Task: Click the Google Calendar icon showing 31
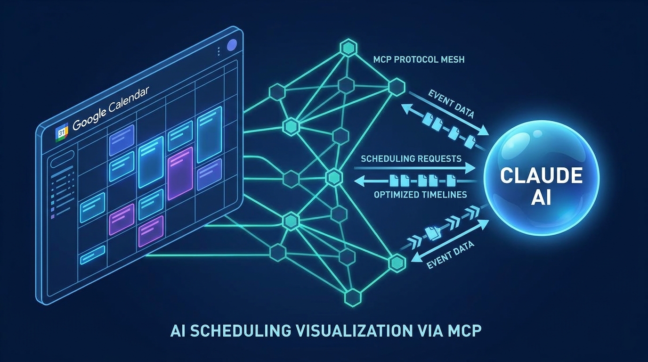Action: click(x=62, y=132)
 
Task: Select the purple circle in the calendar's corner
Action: click(x=232, y=45)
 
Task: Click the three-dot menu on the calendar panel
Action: click(x=219, y=51)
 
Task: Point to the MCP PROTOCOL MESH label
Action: click(x=419, y=60)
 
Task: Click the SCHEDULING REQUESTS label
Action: click(x=411, y=159)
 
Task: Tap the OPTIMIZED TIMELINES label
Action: click(x=421, y=195)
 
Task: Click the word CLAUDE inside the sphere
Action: click(x=541, y=175)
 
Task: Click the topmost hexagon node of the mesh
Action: click(x=348, y=48)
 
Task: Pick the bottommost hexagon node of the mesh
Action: click(x=353, y=297)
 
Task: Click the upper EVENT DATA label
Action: click(x=451, y=104)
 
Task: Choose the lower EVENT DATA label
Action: click(x=450, y=255)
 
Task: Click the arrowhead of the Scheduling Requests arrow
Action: click(x=470, y=168)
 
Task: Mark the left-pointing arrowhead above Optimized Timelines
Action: click(x=360, y=182)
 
